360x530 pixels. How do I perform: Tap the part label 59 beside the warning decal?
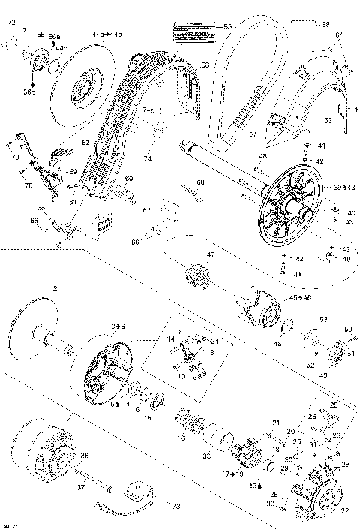click(227, 27)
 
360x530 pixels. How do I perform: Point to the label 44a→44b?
click(103, 35)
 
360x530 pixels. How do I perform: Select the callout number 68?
click(200, 182)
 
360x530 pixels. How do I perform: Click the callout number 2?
click(55, 288)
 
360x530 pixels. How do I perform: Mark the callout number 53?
click(324, 320)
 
